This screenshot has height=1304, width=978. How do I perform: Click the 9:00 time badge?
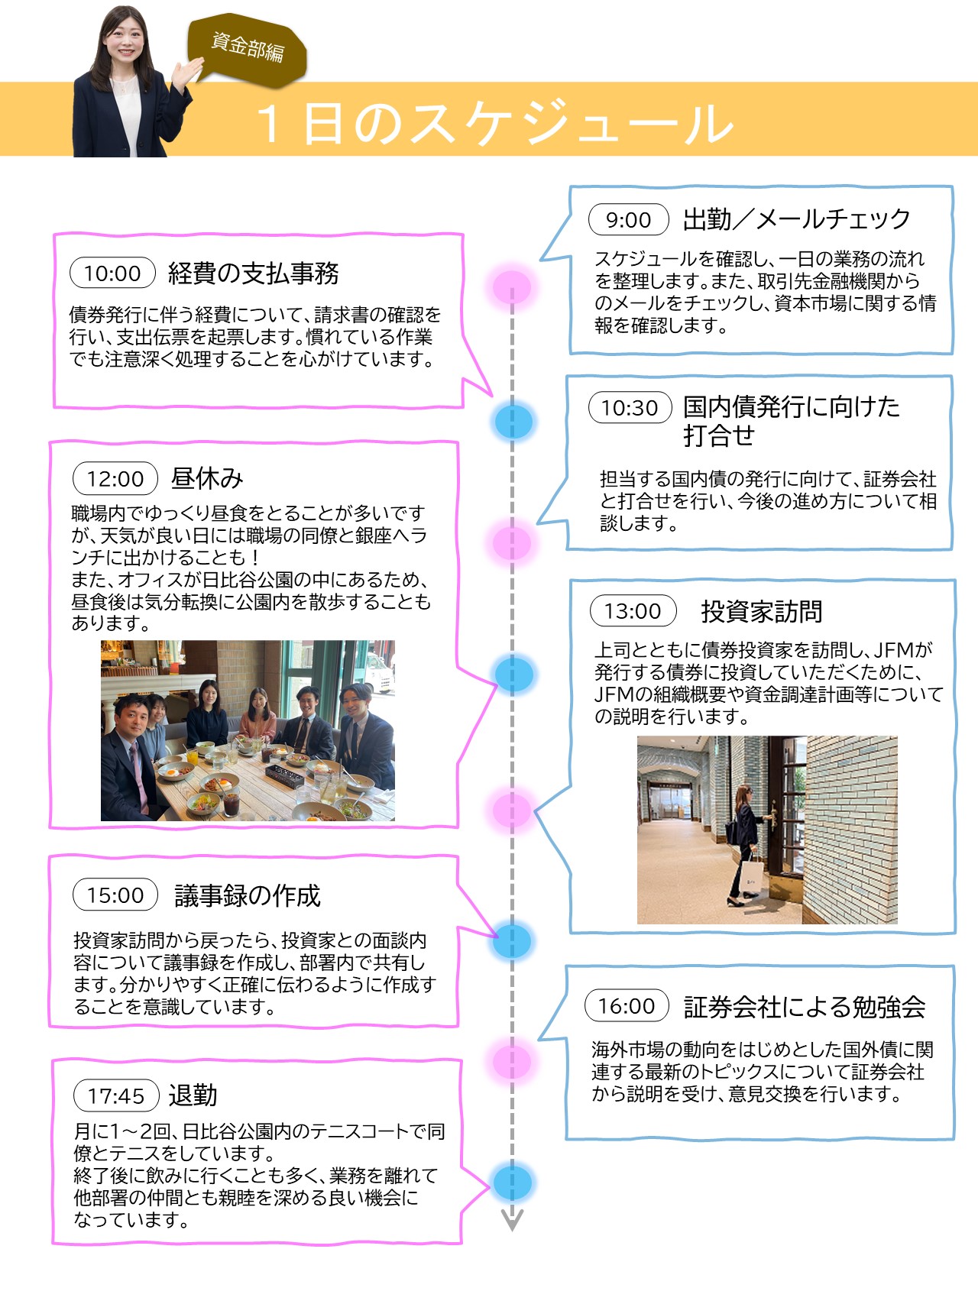pos(628,220)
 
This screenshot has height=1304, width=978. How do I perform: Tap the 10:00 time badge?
pos(112,273)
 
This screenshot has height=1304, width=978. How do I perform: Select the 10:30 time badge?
pos(630,407)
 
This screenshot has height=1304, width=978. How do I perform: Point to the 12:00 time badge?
pos(115,478)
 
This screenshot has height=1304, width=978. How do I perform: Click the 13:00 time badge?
pos(633,610)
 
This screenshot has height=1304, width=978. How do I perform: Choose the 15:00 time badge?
pos(115,895)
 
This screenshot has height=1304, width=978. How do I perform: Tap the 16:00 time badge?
pos(627,1005)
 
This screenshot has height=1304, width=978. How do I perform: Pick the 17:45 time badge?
pos(116,1095)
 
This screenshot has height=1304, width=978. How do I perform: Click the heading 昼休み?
pos(207,478)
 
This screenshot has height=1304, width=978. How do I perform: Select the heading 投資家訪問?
pos(762,611)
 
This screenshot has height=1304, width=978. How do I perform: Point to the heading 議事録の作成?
pos(248,895)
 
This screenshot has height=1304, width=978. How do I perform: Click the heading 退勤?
pos(193,1095)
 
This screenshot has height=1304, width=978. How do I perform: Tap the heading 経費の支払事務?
pos(254,273)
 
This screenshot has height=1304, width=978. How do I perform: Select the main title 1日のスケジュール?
pos(495,122)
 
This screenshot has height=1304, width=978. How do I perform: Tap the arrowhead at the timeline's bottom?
pos(512,1218)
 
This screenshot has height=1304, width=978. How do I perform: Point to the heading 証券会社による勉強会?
pos(805,1007)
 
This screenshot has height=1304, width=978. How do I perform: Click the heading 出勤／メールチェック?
pos(797,220)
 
